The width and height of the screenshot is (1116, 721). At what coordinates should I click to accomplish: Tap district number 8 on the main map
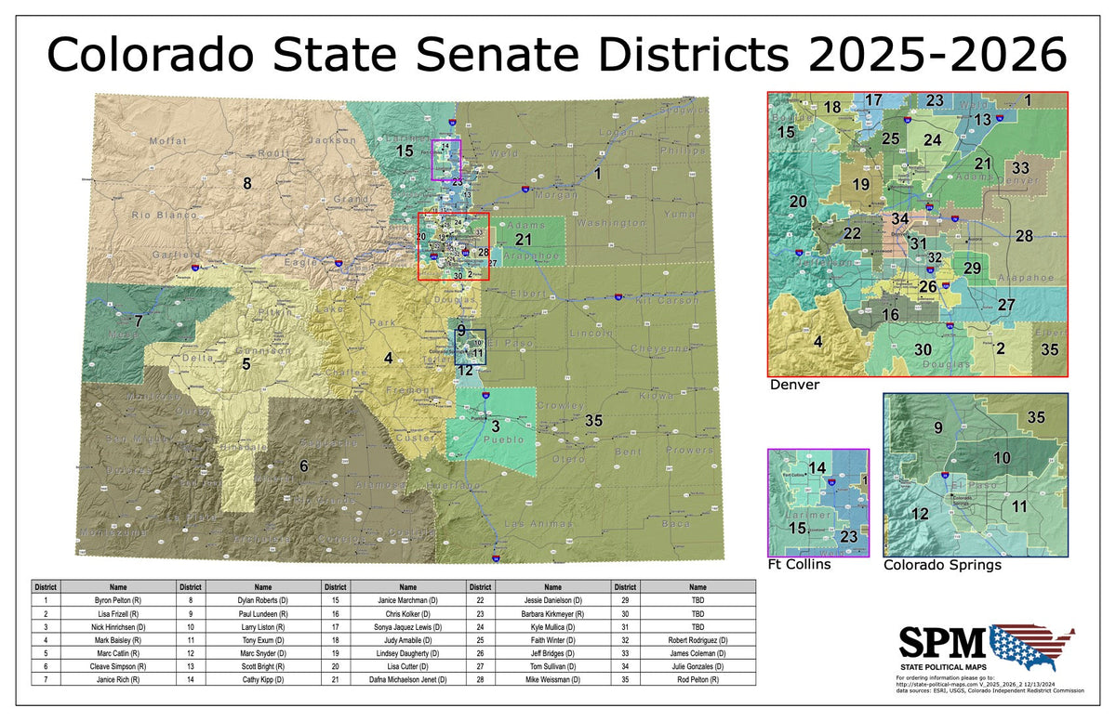point(246,182)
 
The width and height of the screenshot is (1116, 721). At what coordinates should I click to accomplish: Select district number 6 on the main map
point(303,465)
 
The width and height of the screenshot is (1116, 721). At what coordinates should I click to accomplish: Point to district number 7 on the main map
point(138,321)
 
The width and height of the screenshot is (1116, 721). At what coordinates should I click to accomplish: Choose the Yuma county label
point(681,214)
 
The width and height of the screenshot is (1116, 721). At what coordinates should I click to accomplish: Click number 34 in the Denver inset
point(899,219)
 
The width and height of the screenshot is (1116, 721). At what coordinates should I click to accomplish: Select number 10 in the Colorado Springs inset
point(1002,458)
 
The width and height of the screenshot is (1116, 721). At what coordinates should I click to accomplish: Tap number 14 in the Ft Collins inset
point(817,468)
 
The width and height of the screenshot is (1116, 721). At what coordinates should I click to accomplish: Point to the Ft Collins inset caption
point(799,564)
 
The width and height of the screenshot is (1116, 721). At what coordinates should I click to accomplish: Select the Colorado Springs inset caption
point(942,564)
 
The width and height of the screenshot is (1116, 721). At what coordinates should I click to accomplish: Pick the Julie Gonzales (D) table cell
point(697,666)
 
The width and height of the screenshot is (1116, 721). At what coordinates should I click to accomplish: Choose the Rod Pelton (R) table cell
point(697,679)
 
